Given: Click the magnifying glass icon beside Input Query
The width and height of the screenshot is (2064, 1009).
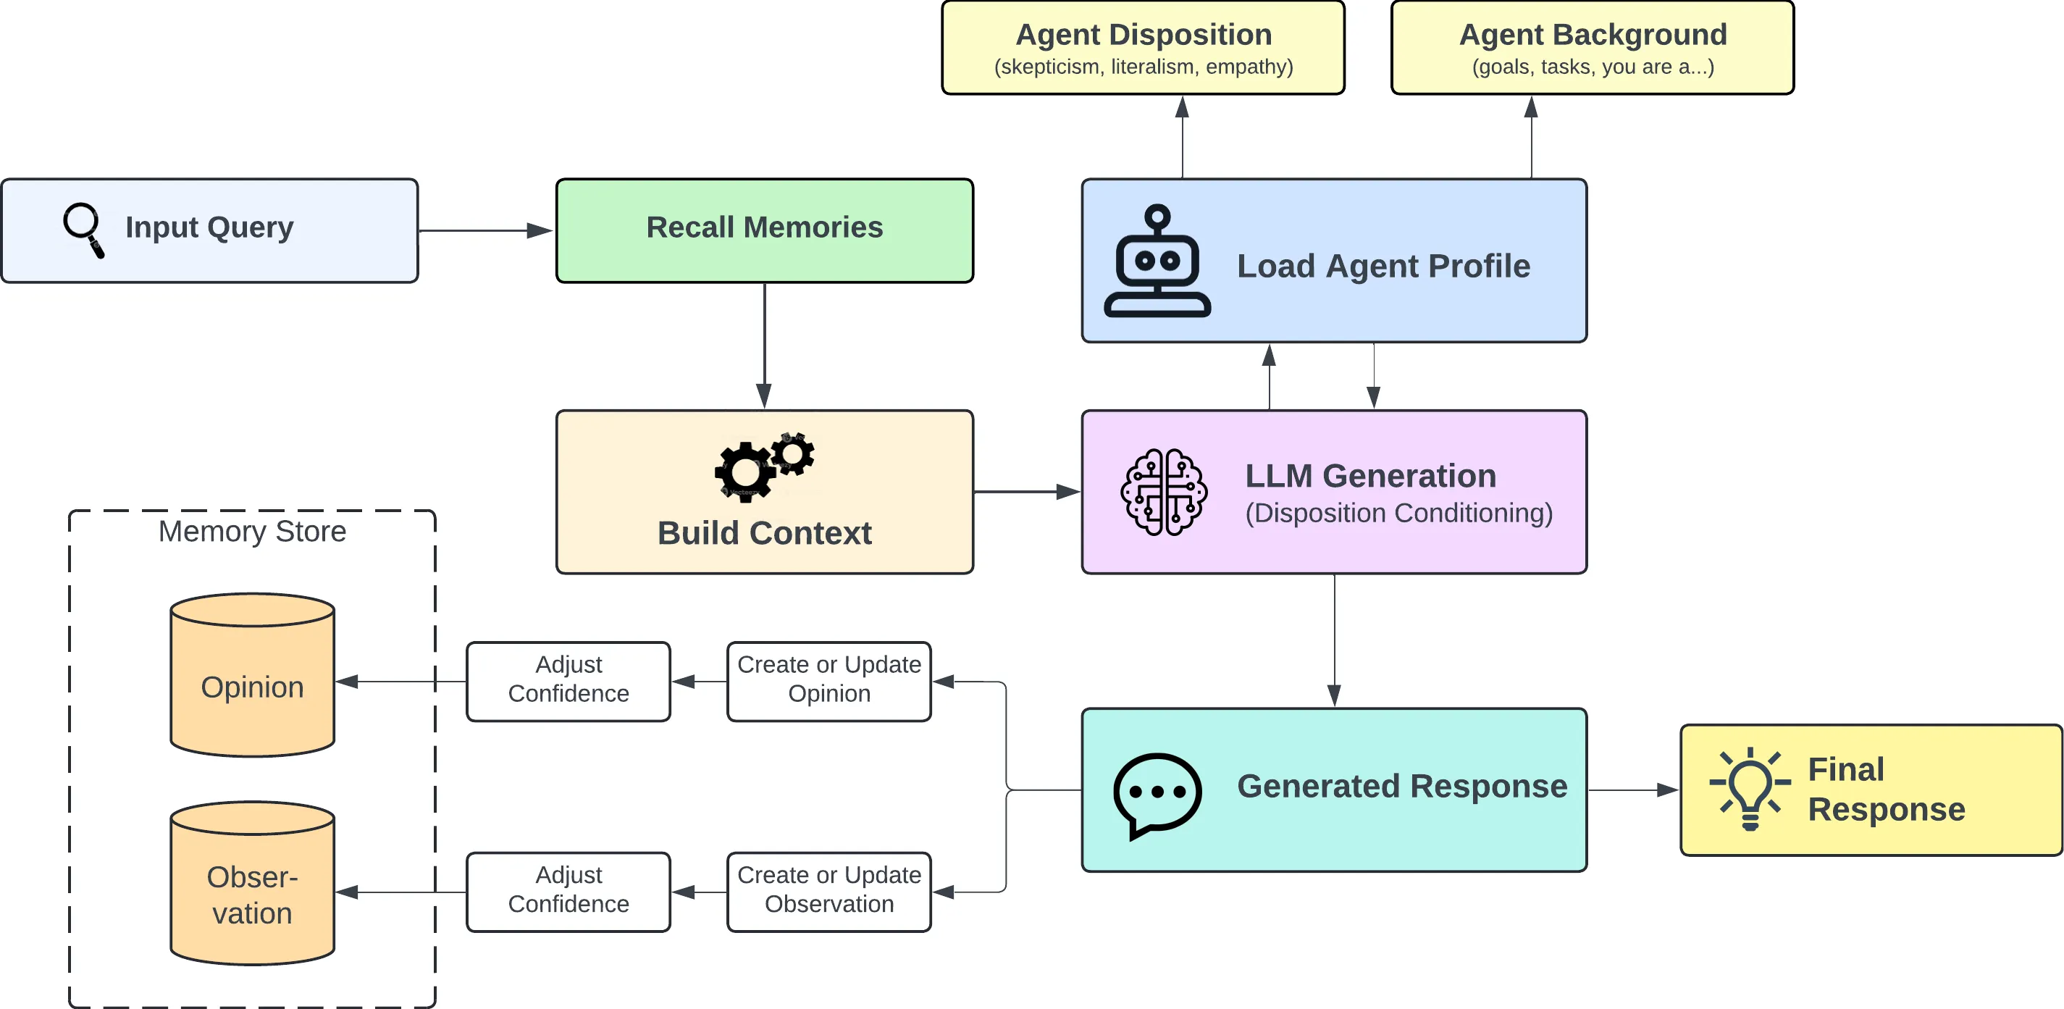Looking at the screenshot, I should click(83, 229).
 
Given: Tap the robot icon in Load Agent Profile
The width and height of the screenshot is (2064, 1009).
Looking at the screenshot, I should click(1157, 262).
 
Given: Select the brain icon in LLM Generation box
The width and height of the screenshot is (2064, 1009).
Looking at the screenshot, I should click(1163, 492).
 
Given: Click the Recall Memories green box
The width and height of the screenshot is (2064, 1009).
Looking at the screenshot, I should click(764, 230).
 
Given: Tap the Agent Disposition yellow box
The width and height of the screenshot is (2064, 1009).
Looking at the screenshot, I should click(1143, 48).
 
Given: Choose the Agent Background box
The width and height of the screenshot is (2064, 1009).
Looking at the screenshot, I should click(1592, 48).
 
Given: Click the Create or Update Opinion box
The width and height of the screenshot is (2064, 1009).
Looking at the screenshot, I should click(828, 680).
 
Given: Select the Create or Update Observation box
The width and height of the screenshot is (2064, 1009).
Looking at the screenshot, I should click(828, 891).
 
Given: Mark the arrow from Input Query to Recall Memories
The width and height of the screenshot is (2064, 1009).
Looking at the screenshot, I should click(485, 231).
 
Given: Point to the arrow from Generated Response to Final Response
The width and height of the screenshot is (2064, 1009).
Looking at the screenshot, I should click(1633, 790).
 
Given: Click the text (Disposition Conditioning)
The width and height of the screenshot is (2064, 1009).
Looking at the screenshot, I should click(1398, 513).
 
